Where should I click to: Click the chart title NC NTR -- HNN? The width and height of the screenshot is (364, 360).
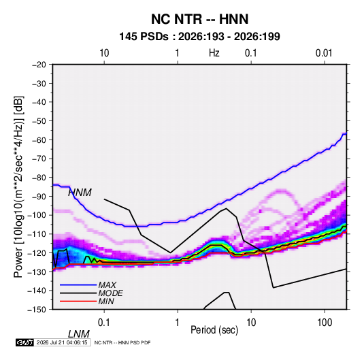199,19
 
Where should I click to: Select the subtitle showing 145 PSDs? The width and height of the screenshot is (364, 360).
199,37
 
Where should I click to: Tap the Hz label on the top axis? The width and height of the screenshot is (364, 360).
214,53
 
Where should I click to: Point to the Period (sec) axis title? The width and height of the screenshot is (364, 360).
214,330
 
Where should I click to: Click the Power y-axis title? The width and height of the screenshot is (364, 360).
18,186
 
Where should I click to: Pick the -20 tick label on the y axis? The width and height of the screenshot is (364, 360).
39,65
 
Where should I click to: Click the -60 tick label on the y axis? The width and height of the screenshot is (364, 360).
39,140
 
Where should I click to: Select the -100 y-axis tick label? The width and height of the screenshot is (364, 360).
37,215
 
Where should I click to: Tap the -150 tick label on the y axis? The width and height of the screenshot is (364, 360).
37,310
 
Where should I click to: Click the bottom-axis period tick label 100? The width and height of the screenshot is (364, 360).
325,323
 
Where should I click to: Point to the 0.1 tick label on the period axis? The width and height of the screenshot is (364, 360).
104,323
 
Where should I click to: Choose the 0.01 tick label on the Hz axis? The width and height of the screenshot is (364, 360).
324,53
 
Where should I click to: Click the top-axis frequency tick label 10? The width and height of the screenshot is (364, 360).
104,53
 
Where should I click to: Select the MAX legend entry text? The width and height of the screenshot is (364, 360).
107,285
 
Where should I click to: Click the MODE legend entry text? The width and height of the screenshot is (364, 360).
110,293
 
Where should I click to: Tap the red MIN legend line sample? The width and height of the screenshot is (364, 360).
78,301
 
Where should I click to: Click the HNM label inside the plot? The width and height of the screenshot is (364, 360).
80,193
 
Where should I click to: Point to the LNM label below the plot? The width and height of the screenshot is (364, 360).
79,334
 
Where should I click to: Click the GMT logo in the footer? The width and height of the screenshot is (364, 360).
25,342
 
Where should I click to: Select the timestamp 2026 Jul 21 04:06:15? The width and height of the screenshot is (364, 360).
62,342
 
